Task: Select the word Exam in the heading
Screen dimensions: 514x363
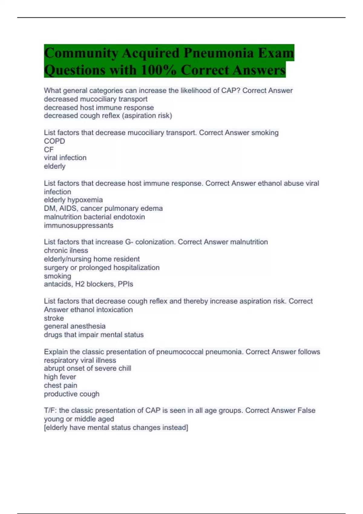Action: point(276,53)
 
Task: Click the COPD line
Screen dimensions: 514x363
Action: point(54,141)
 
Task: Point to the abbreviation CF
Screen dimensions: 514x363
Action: point(49,150)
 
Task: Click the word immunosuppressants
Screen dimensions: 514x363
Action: point(79,225)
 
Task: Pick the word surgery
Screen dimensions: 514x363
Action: point(56,268)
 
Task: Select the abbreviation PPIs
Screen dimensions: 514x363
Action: point(125,284)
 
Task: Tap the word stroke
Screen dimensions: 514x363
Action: point(54,318)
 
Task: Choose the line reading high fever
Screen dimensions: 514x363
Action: point(60,377)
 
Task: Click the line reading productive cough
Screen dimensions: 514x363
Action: point(72,394)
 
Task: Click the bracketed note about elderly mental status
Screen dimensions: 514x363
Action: point(116,428)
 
